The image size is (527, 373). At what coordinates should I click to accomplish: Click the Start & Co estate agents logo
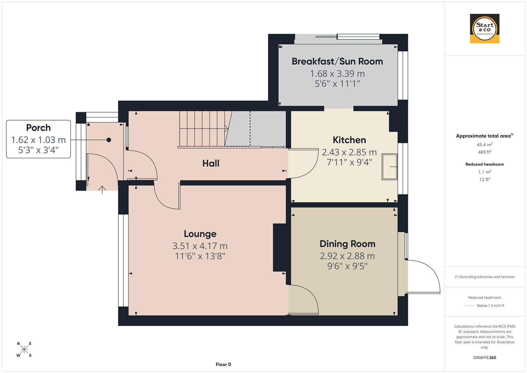click(x=485, y=29)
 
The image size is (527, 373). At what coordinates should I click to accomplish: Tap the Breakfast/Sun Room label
click(x=337, y=61)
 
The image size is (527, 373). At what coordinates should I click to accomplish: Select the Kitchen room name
click(x=349, y=140)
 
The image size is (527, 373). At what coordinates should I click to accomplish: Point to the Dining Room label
click(x=347, y=244)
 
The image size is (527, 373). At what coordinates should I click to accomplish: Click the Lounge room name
click(x=200, y=234)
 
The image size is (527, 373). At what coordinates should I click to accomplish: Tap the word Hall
click(x=211, y=163)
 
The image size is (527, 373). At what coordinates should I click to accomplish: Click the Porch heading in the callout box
click(x=38, y=128)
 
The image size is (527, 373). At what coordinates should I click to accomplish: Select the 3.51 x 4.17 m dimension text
click(x=200, y=246)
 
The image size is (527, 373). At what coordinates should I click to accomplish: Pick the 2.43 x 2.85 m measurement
click(x=349, y=152)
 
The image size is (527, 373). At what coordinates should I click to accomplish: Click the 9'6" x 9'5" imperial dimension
click(x=347, y=266)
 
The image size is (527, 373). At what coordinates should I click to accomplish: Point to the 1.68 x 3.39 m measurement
click(x=337, y=74)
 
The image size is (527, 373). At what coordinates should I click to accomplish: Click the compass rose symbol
click(x=24, y=350)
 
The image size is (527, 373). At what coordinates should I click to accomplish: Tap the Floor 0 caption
click(x=223, y=364)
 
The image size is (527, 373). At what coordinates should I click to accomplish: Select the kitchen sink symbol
click(x=390, y=167)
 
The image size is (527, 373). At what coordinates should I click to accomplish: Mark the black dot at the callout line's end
click(x=109, y=140)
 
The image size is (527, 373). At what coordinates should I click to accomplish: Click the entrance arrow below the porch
click(x=102, y=190)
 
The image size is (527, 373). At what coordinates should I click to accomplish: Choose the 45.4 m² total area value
click(x=485, y=145)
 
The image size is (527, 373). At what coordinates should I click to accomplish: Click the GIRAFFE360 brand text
click(x=485, y=357)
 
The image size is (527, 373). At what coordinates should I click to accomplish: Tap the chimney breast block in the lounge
click(x=280, y=247)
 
